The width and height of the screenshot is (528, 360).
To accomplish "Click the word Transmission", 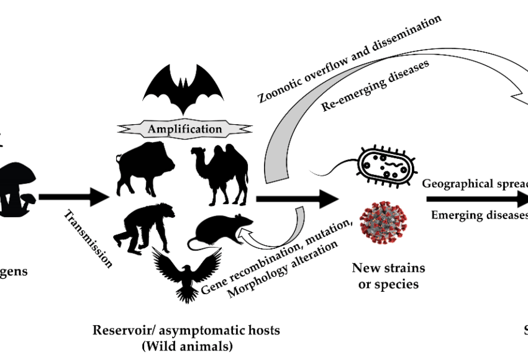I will pos(88,238).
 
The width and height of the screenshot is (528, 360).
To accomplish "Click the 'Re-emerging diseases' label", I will pos(375,86).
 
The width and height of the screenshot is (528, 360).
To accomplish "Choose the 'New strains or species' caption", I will pos(388,276).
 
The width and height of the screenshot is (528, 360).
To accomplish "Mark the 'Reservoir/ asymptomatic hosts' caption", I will pos(186,331).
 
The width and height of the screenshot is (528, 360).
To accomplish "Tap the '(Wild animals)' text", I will pos(187,346).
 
